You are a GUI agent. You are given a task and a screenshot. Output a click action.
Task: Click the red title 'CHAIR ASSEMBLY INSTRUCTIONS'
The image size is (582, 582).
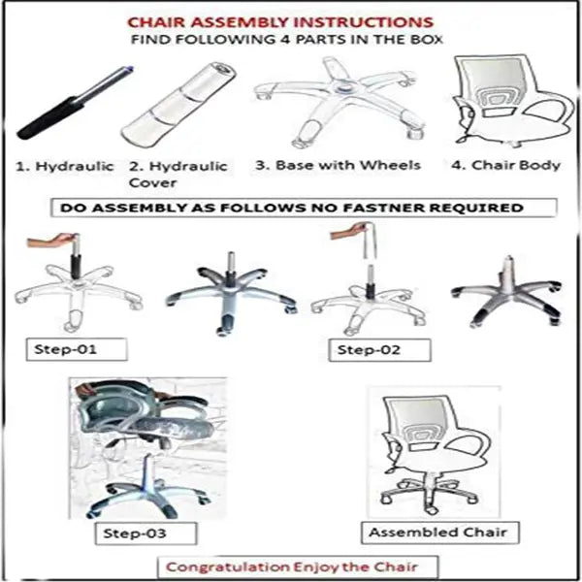280,22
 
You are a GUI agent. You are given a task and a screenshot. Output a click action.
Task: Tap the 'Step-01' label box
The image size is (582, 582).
77,349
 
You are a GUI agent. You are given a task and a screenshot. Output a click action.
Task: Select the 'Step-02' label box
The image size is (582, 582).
379,350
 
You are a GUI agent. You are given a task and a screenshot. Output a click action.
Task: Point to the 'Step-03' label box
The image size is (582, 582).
145,533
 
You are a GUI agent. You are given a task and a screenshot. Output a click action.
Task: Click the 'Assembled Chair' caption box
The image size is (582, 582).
439,533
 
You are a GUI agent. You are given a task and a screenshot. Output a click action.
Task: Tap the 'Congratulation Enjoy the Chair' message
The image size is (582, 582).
298,566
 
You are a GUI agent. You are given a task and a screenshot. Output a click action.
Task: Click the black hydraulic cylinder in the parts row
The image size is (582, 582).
76,103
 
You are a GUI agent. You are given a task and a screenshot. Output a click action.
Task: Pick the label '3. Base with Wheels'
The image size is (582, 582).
338,165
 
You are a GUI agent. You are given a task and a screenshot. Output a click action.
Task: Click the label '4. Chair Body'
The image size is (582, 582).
505,165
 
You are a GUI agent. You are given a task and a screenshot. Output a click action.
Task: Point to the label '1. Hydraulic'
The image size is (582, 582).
64,166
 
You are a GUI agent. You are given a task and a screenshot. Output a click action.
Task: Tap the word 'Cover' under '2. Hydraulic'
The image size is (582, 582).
152,182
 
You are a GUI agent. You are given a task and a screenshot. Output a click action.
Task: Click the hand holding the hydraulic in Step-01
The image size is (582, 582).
52,241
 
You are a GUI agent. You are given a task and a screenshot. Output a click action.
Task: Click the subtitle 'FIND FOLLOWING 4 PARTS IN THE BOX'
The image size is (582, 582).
286,40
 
